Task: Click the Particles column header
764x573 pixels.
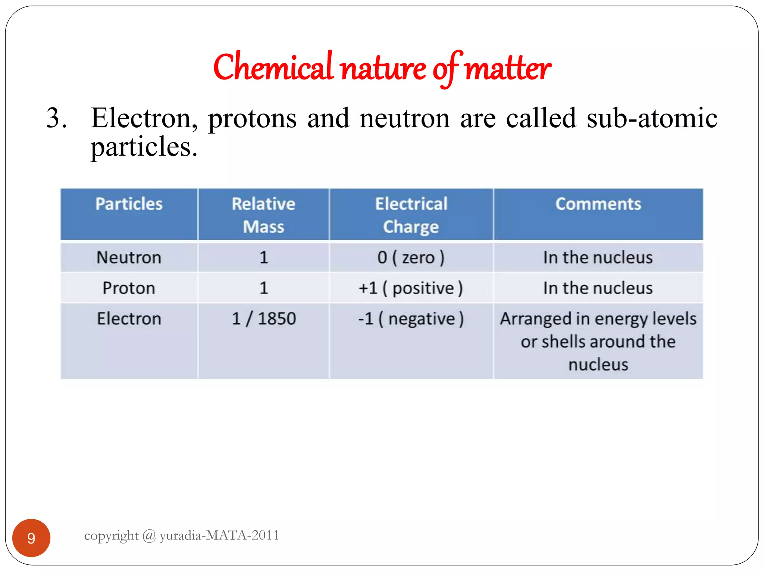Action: point(129,204)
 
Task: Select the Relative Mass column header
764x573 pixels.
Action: point(263,215)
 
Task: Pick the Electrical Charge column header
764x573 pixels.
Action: point(411,215)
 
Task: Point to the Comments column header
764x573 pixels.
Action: point(598,204)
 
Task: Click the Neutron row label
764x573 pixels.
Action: point(129,257)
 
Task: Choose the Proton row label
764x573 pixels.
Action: point(129,288)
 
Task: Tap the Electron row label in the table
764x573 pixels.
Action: point(129,319)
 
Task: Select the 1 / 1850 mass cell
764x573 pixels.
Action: point(264,319)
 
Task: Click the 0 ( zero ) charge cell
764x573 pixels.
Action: point(411,257)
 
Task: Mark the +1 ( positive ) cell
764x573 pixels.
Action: point(411,288)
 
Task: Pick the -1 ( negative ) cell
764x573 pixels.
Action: point(411,319)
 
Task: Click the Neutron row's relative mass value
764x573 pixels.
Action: point(264,257)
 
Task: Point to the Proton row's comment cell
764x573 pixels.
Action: point(598,288)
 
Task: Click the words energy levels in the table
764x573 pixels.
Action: point(645,319)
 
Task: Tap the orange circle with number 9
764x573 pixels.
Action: point(31,538)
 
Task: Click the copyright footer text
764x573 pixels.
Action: point(182,535)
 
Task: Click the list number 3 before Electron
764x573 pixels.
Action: point(57,118)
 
